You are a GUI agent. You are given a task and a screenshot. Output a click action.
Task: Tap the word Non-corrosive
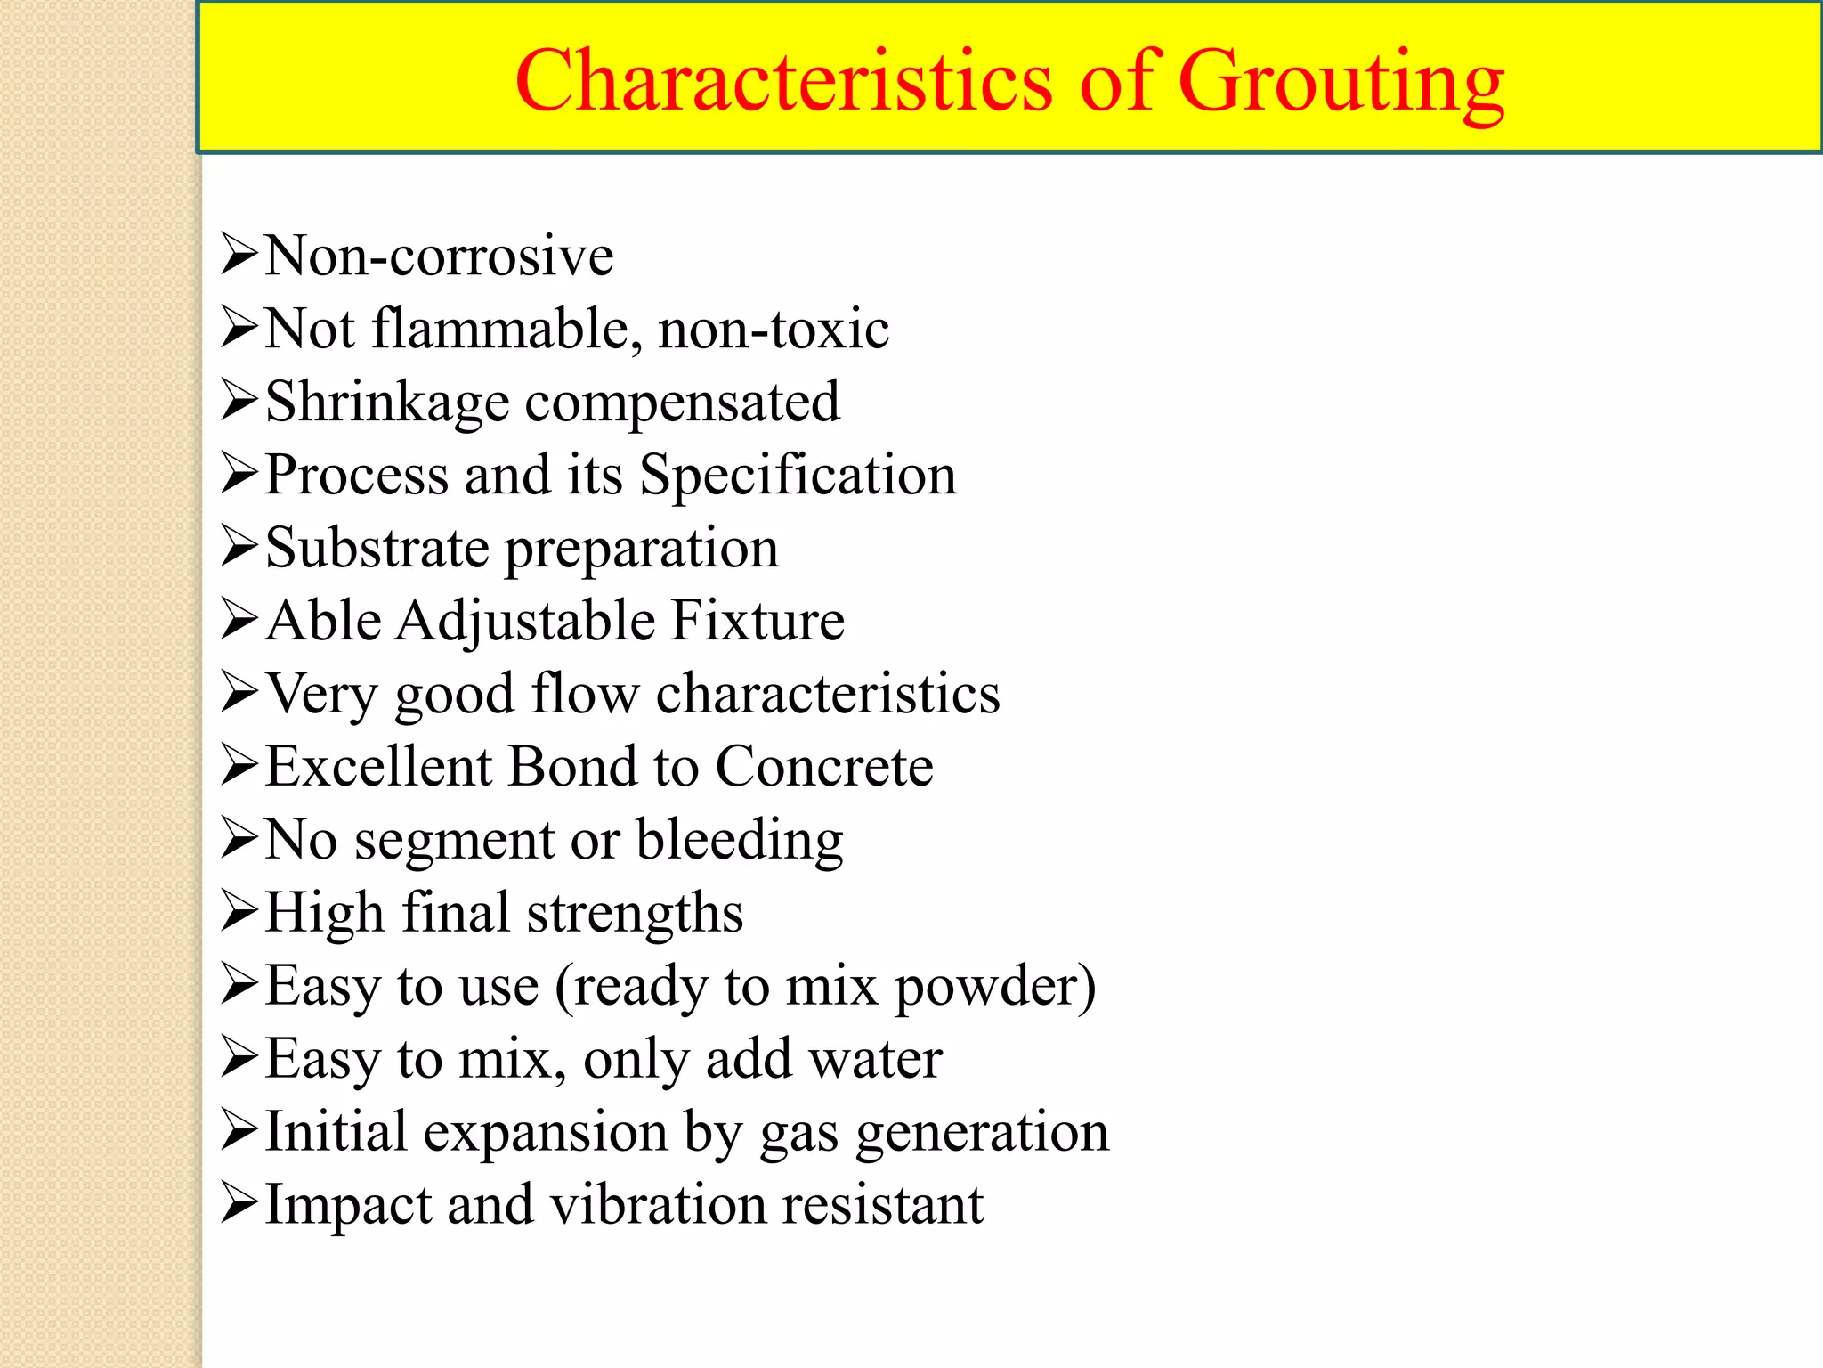(440, 256)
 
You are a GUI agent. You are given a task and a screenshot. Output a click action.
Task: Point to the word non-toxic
(774, 329)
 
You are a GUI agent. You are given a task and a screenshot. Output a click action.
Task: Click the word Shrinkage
(387, 403)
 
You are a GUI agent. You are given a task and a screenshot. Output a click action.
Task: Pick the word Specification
(798, 475)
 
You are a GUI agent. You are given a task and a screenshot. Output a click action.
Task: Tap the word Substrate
(377, 548)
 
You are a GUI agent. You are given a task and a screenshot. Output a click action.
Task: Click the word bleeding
(739, 841)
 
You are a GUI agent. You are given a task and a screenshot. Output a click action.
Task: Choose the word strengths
(635, 914)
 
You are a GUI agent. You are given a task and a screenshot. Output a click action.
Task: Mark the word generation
(983, 1134)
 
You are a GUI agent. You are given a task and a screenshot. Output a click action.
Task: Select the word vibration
(658, 1205)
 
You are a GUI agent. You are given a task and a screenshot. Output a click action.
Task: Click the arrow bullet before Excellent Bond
(239, 765)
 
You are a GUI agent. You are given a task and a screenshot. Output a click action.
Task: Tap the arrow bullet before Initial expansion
(239, 1130)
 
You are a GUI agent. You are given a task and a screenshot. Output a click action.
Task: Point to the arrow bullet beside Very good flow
(239, 692)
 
